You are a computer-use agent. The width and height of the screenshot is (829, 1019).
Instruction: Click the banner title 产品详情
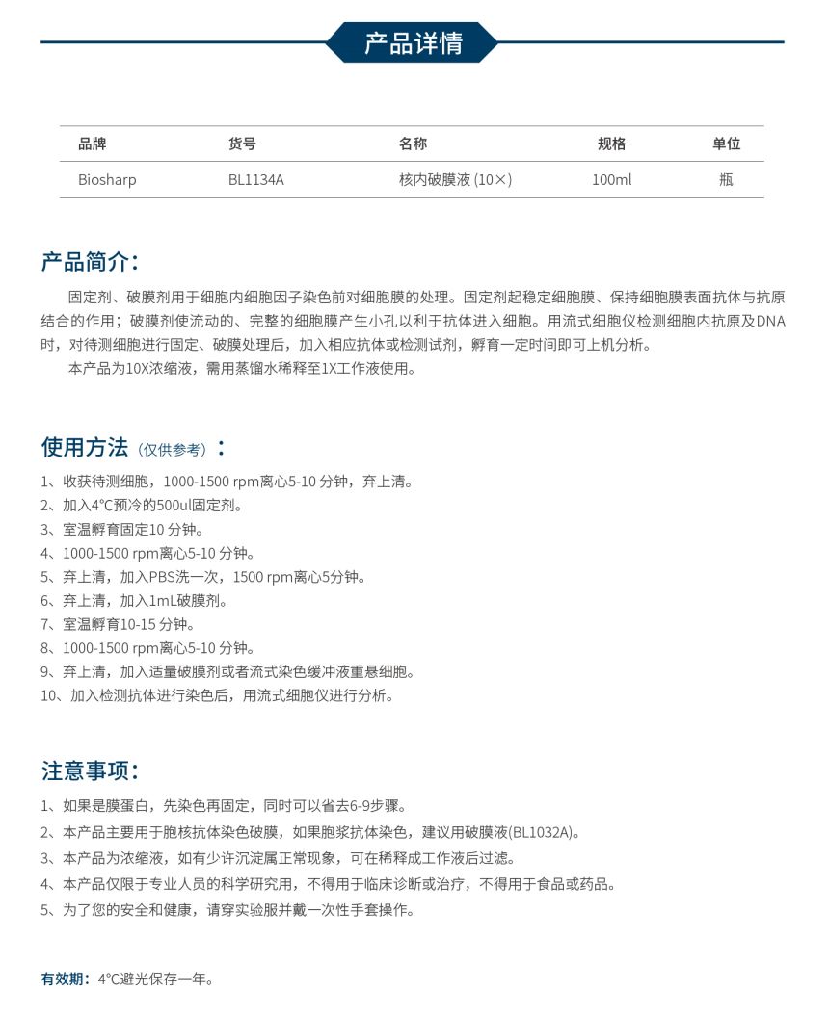[413, 42]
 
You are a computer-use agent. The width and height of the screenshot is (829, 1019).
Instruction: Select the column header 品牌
[93, 144]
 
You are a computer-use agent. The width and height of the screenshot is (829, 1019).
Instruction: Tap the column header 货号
[242, 144]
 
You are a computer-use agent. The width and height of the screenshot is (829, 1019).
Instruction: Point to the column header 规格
[611, 144]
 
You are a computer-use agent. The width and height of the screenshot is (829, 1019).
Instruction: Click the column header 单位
[726, 144]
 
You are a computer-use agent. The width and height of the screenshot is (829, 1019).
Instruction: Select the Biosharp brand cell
[107, 179]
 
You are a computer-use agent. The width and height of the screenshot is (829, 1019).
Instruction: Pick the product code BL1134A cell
[256, 179]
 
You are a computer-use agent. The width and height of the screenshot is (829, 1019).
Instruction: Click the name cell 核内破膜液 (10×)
[455, 179]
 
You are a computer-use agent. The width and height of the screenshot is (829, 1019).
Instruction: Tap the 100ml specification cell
[611, 179]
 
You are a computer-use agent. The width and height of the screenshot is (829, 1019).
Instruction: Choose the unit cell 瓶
[726, 179]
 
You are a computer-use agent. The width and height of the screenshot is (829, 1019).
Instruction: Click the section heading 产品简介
[90, 262]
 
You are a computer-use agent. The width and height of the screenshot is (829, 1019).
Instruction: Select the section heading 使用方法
[84, 447]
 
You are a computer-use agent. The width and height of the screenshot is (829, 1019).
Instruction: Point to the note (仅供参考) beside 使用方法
[172, 450]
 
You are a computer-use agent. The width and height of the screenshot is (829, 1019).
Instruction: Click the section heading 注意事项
[90, 771]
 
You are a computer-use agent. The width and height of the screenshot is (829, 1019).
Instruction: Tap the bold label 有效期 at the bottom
[65, 980]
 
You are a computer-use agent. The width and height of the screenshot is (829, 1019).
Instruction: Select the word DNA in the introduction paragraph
[771, 321]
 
